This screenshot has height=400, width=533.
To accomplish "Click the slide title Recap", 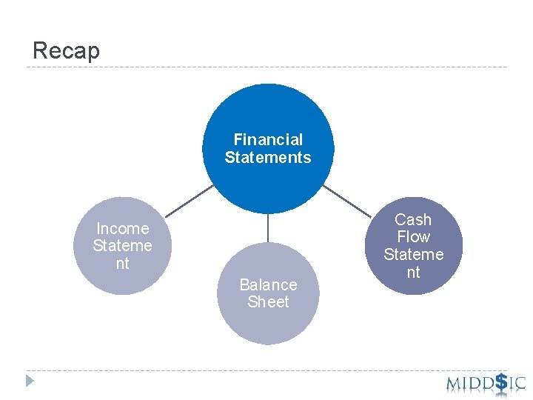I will [66, 50].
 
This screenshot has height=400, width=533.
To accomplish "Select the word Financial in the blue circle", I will [268, 139].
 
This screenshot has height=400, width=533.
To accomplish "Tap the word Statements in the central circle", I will [268, 157].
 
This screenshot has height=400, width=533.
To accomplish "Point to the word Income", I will [122, 228].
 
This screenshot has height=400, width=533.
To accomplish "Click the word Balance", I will [268, 284].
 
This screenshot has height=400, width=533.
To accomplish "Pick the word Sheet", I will [268, 301].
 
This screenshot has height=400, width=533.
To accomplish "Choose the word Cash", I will [413, 219].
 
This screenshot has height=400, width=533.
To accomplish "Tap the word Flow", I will [413, 237].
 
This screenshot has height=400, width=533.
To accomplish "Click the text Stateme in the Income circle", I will [122, 245].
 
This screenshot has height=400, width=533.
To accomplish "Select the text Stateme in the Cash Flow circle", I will [413, 254].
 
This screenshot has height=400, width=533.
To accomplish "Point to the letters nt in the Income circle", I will [122, 263].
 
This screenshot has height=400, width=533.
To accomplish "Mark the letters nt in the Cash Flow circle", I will [413, 272].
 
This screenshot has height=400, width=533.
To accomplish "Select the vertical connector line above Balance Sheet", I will [268, 228].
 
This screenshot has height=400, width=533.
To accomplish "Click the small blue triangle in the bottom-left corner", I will [30, 381].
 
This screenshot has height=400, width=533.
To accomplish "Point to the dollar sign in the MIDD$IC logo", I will [501, 381].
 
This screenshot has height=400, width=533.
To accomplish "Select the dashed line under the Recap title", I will [266, 67].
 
